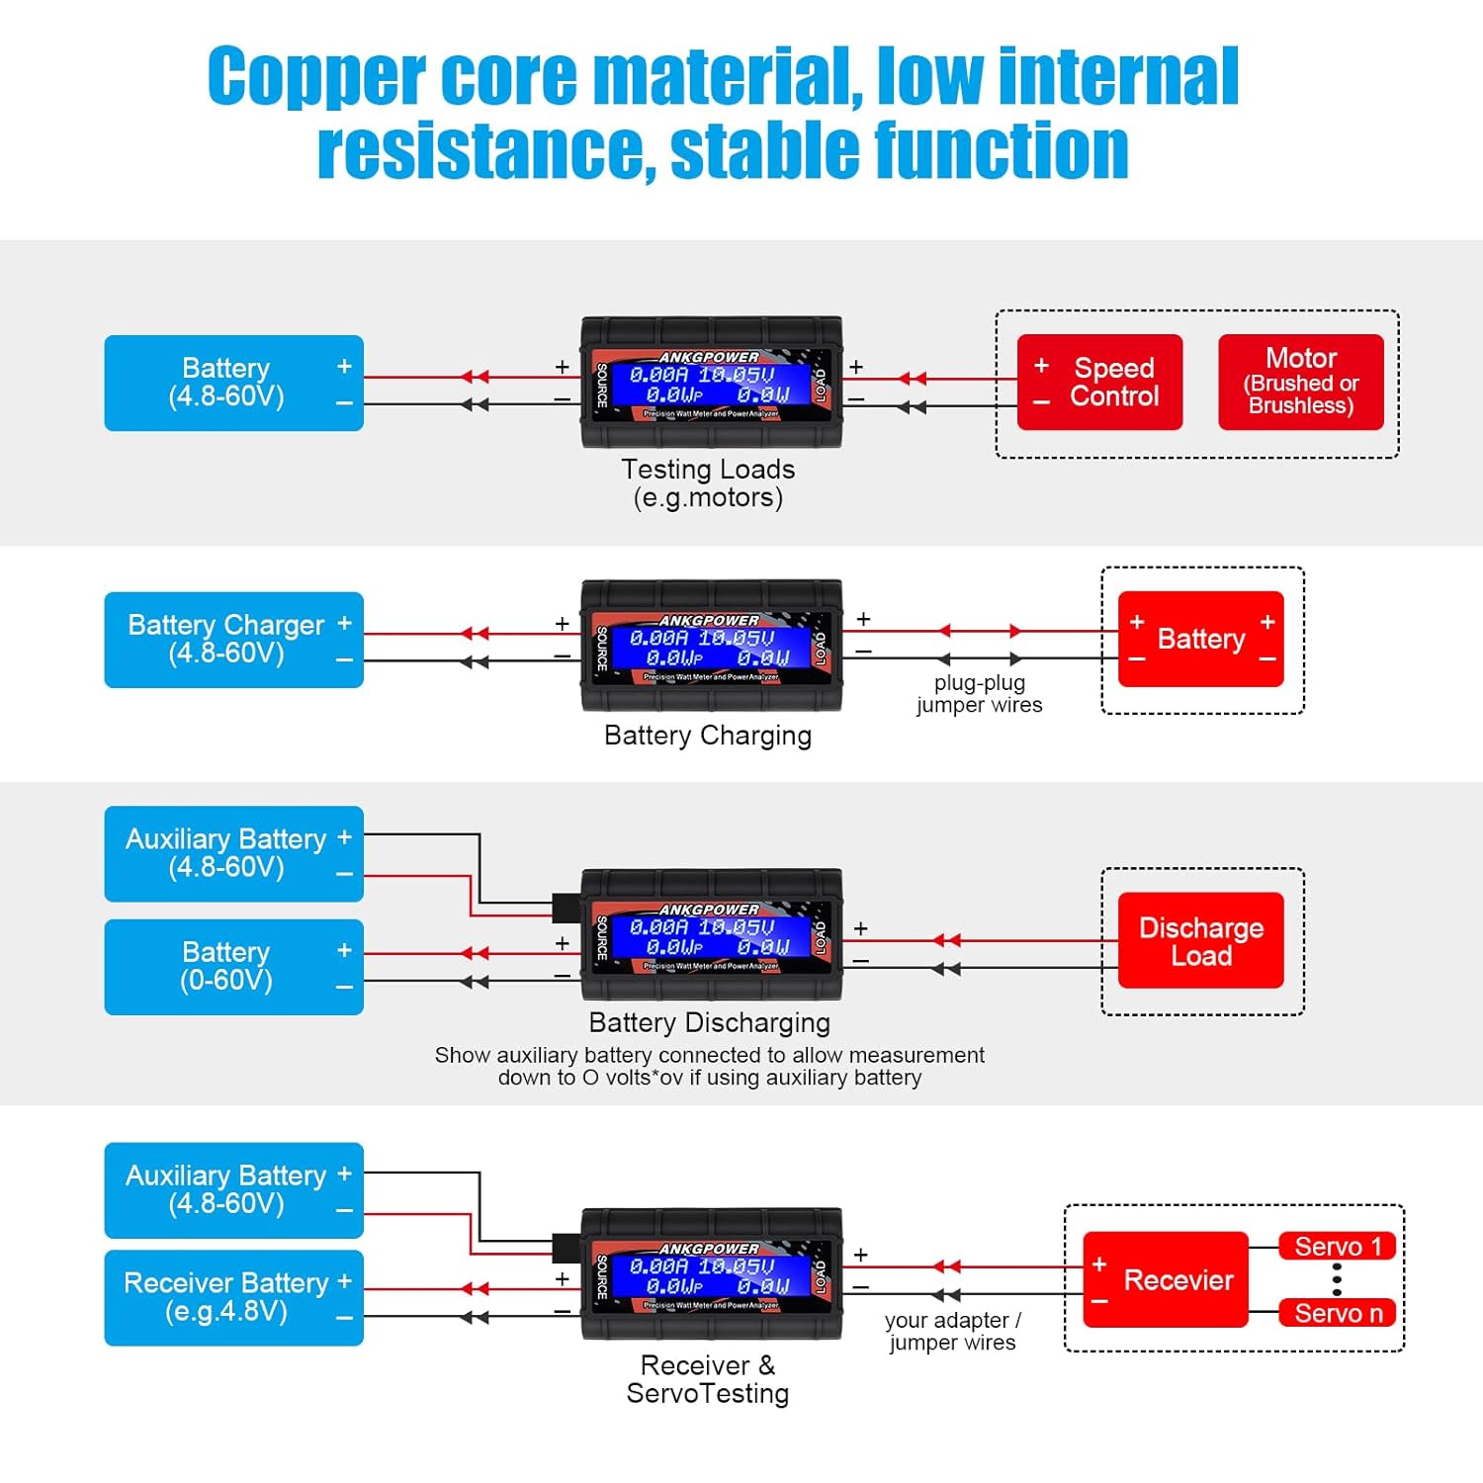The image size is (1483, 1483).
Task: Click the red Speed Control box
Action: pos(1099,382)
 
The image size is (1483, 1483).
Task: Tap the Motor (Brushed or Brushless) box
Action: pos(1300,382)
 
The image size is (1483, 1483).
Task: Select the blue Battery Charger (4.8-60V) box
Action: pos(233,640)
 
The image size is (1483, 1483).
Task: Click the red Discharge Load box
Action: pos(1200,940)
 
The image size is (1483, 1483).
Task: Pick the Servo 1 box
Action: pos(1337,1247)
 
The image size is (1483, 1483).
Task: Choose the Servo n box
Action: pos(1337,1313)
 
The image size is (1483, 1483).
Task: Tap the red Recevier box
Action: pos(1166,1279)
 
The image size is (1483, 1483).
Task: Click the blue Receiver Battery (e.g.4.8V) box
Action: pos(233,1297)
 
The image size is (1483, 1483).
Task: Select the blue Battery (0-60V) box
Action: pos(233,967)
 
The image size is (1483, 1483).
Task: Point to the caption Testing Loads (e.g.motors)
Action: pos(708,482)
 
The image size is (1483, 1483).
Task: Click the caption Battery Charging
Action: pos(708,736)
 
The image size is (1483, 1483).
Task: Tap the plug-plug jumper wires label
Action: pos(979,693)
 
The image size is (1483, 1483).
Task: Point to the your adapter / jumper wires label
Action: pos(952,1331)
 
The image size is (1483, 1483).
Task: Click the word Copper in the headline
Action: pos(316,77)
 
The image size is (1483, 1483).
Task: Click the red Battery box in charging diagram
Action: pos(1200,639)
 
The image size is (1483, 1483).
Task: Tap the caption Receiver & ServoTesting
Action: pos(708,1379)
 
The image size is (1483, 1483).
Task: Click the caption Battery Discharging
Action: pos(709,1022)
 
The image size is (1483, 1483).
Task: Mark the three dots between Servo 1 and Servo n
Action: pos(1337,1279)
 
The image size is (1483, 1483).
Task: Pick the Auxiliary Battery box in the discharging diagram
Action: pos(233,853)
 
